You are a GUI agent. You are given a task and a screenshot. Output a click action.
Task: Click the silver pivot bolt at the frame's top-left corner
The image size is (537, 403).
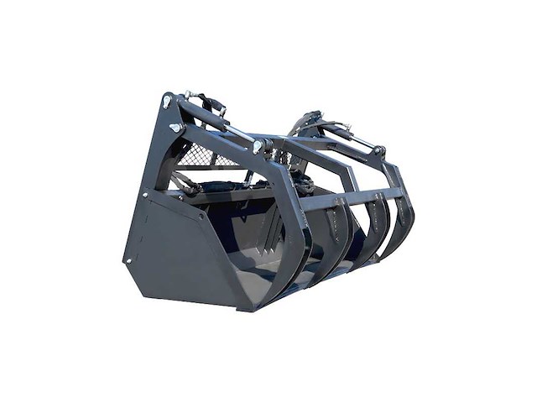[x=167, y=101]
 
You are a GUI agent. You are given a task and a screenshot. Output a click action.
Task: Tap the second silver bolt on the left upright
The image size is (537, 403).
[x=175, y=127]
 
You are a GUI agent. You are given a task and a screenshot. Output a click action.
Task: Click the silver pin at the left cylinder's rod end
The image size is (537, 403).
[x=258, y=148]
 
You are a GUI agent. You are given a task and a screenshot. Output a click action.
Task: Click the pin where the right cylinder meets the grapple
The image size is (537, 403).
[x=379, y=152]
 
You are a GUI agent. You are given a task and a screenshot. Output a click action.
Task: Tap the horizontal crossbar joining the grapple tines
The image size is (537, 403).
[x=352, y=200]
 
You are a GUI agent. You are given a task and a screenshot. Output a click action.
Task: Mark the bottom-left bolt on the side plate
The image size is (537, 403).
[x=129, y=261]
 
